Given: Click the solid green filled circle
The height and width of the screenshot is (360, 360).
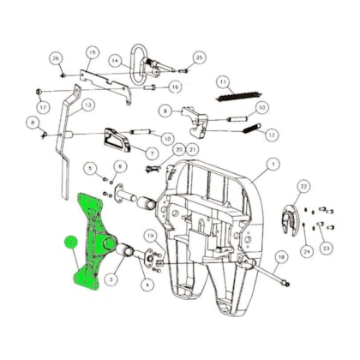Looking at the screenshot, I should tap(69, 243).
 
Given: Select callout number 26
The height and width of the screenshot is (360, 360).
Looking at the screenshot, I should tap(57, 58).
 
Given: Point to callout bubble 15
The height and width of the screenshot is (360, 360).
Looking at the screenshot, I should tap(92, 53).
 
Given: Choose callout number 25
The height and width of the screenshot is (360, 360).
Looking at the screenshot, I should tap(199, 57).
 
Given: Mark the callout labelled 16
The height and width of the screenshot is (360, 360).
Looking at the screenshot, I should tap(175, 87).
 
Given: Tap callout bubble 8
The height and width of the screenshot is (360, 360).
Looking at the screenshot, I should tap(33, 123).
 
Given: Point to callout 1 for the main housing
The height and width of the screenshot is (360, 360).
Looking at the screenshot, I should tap(272, 164).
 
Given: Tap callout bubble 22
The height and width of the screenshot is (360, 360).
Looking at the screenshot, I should tap(303, 186).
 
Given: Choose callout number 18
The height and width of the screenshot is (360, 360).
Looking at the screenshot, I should tap(281, 256).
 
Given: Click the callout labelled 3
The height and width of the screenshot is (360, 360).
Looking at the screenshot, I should tap(111, 279).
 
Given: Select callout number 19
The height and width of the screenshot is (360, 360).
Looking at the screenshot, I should tap(151, 235).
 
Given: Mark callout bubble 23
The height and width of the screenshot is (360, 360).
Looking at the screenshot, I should tap(325, 248).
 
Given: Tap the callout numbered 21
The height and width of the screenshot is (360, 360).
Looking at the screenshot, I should tap(194, 149).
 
